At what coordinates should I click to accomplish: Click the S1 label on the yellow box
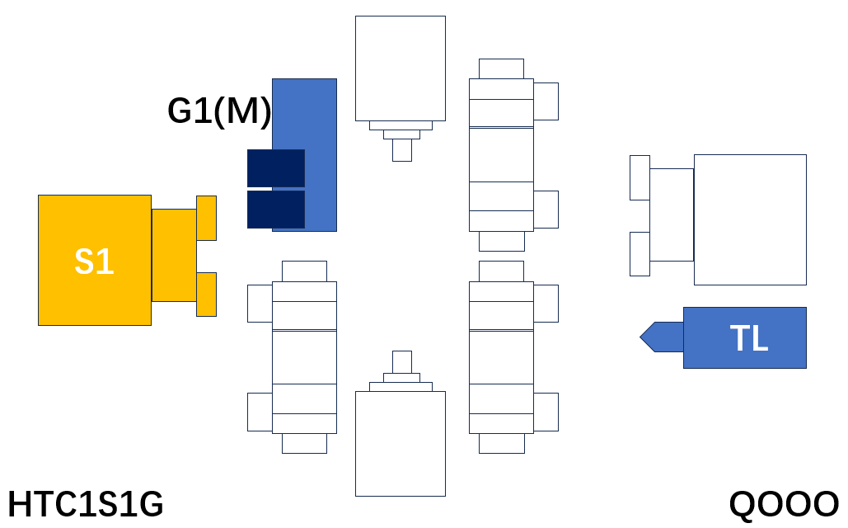tap(94, 262)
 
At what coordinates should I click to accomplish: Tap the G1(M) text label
tap(219, 111)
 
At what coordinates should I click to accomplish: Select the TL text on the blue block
tap(749, 338)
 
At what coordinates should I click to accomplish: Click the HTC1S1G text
tap(86, 503)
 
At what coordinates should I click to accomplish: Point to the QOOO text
tap(784, 504)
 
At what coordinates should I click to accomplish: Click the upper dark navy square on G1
tap(276, 168)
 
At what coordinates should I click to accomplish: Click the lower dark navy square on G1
tap(276, 210)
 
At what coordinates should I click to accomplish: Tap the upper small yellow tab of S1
tap(206, 219)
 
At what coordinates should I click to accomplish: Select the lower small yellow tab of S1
tap(206, 295)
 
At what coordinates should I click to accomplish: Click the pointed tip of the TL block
tap(641, 337)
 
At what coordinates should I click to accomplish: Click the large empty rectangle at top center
tap(401, 68)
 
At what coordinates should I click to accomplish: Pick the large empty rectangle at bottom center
tap(401, 444)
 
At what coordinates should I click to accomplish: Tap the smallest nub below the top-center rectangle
tap(402, 150)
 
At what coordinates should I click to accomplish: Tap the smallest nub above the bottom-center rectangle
tap(402, 362)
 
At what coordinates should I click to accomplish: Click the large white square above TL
tap(750, 220)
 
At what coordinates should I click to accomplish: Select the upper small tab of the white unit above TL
tap(640, 177)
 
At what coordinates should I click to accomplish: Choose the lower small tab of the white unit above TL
tap(640, 254)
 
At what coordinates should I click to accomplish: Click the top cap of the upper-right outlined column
tap(501, 68)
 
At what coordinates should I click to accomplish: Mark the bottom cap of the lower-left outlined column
tap(304, 444)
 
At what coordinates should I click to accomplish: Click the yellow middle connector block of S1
tap(174, 255)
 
